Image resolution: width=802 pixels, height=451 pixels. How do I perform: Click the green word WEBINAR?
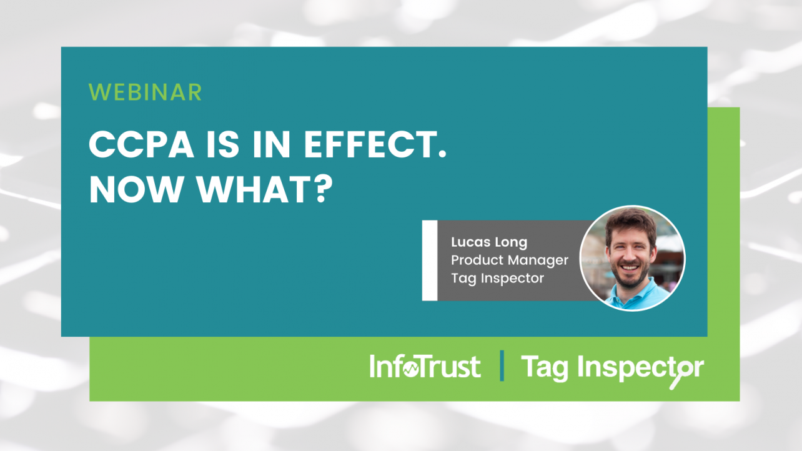pyautogui.click(x=145, y=92)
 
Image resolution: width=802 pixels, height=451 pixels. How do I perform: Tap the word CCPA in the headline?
pyautogui.click(x=141, y=144)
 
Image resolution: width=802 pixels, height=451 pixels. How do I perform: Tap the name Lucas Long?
pyautogui.click(x=489, y=242)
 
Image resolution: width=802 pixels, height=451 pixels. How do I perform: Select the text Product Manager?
pyautogui.click(x=510, y=260)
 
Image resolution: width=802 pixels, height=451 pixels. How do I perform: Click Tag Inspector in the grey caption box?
pyautogui.click(x=497, y=278)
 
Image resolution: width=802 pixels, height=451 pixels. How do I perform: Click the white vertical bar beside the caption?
pyautogui.click(x=430, y=260)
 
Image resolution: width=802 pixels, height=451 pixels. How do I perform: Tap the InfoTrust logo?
pyautogui.click(x=425, y=366)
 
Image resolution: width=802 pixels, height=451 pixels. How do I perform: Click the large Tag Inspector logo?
pyautogui.click(x=613, y=369)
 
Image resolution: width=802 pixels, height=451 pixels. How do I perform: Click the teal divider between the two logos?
pyautogui.click(x=502, y=365)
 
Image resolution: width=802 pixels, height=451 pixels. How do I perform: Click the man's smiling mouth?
pyautogui.click(x=630, y=268)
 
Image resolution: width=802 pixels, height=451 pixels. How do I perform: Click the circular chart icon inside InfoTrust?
pyautogui.click(x=411, y=369)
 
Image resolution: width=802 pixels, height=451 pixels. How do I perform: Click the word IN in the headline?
pyautogui.click(x=271, y=144)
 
